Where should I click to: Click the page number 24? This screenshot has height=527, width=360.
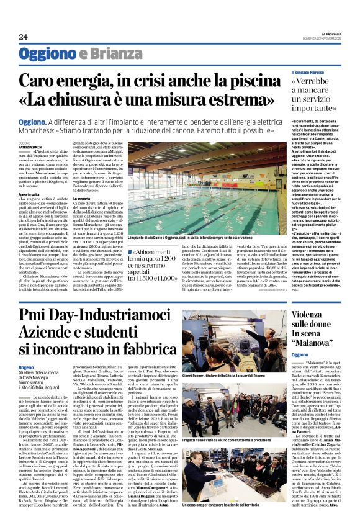23,37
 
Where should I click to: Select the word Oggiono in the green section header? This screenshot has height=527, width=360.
43,53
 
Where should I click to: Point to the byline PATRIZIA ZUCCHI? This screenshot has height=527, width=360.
31,146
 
